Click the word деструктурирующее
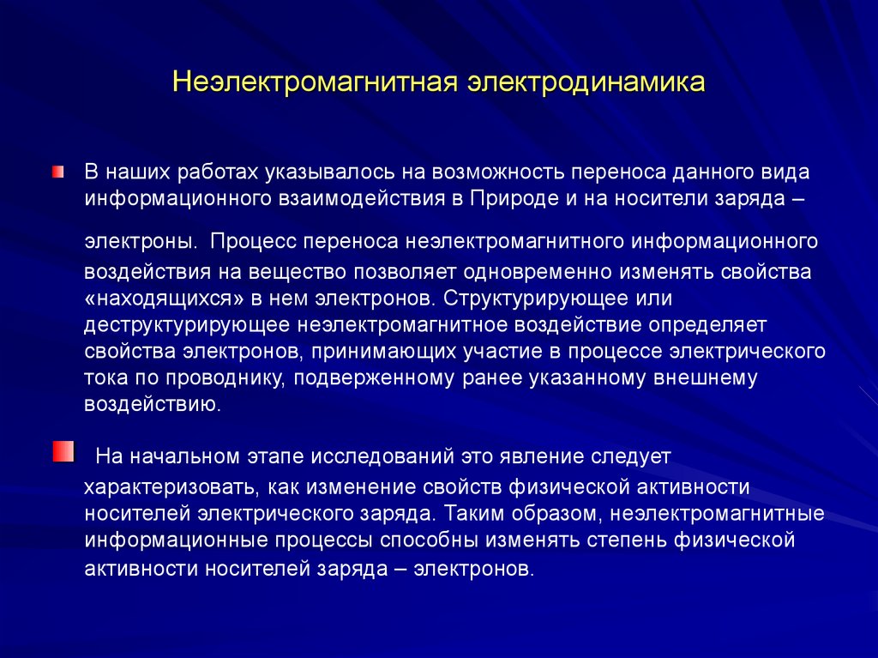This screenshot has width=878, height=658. [x=185, y=325]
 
